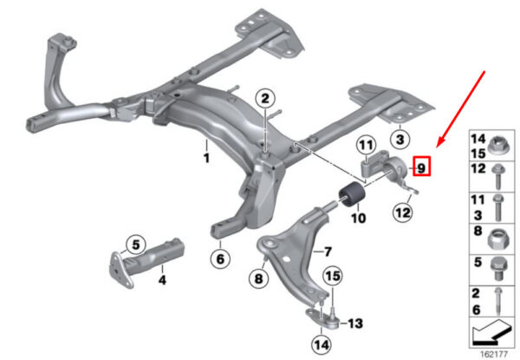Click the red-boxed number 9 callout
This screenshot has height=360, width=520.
click(421, 166)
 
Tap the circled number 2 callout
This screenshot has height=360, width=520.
click(265, 99)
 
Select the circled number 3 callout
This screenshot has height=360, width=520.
click(400, 140)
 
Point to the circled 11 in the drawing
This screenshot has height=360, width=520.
click(366, 145)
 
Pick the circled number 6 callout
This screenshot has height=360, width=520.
click(220, 259)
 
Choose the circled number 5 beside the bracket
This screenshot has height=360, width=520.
click(136, 245)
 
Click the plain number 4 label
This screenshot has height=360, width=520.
click(162, 280)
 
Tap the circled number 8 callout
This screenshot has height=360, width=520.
click(258, 278)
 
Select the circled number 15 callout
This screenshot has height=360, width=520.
click(333, 276)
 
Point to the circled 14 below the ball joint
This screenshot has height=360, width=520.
click(322, 345)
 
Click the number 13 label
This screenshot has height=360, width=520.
click(355, 324)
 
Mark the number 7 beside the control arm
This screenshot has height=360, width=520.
click(327, 252)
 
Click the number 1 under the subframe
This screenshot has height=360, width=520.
click(206, 158)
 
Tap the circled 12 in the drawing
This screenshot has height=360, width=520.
click(403, 212)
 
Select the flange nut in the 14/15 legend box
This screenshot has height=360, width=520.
click(500, 146)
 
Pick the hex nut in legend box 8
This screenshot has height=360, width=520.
click(498, 239)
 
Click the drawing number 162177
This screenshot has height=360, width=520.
click(493, 354)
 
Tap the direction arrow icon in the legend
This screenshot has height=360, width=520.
click(491, 332)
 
